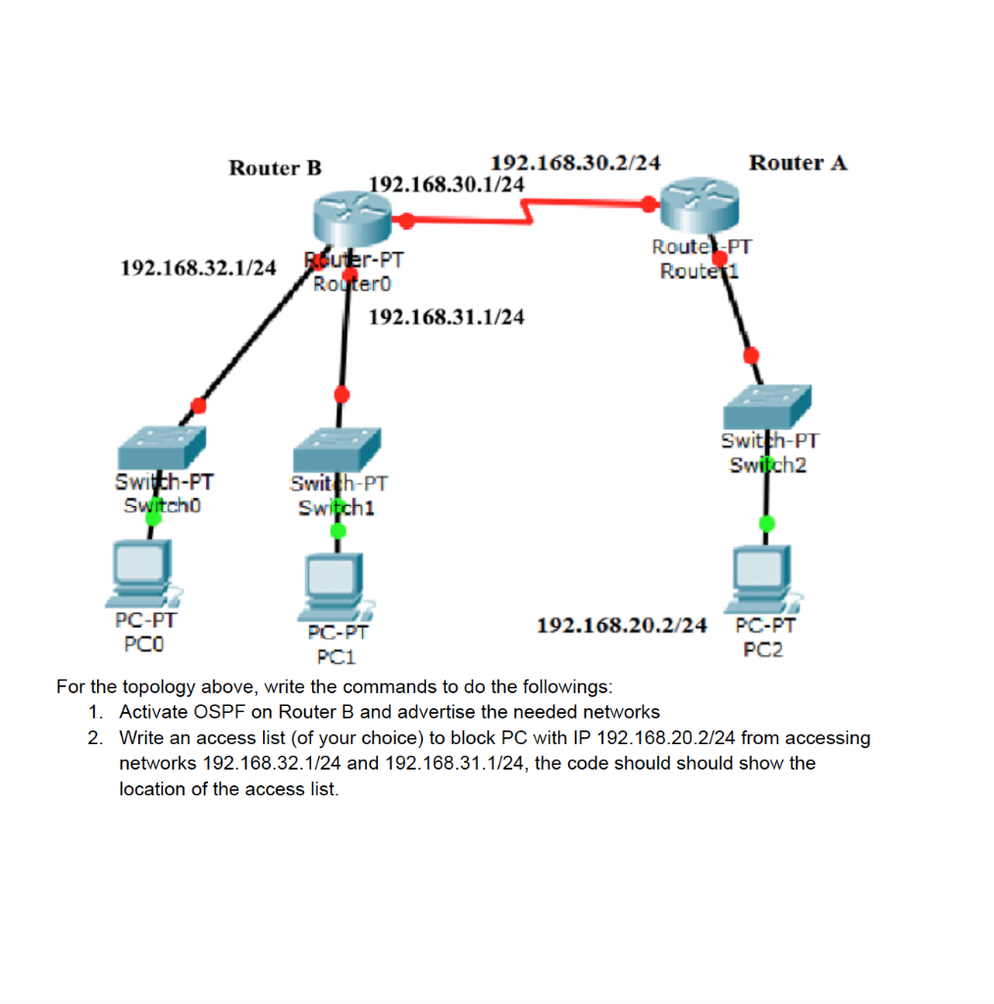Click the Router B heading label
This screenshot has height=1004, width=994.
[x=275, y=168]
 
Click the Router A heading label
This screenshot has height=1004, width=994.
[x=797, y=163]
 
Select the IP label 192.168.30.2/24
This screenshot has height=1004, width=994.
[x=575, y=163]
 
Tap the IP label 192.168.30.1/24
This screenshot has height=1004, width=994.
[x=445, y=184]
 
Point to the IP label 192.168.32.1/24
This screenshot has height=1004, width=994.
[x=197, y=267]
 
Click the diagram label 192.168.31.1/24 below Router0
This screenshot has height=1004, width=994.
[x=445, y=317]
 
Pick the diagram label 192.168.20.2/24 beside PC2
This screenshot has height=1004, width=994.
[x=622, y=625]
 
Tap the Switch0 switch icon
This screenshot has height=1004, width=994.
[x=162, y=447]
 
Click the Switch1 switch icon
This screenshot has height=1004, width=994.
[x=337, y=450]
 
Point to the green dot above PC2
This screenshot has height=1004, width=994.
[x=766, y=524]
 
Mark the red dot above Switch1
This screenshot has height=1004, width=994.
[x=341, y=394]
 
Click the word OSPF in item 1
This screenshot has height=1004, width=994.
[x=227, y=712]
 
